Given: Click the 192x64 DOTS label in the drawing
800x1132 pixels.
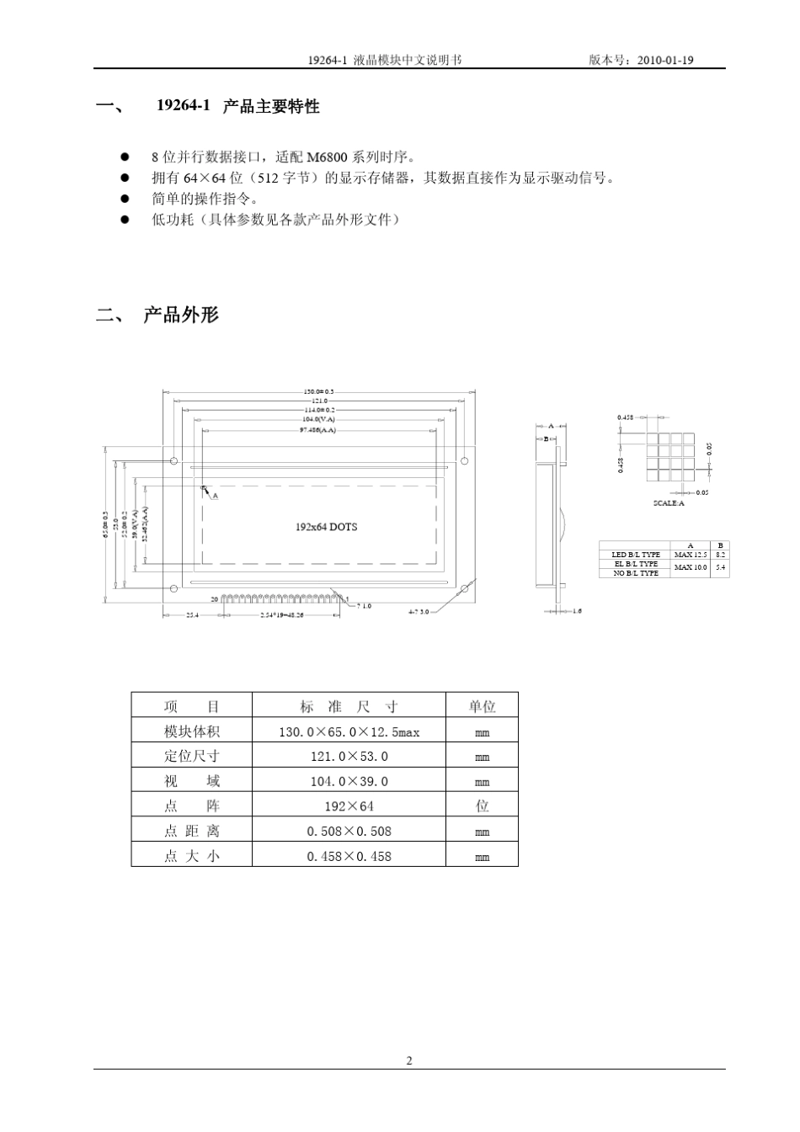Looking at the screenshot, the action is (326, 527).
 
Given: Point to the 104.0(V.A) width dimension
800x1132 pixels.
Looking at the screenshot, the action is (318, 418).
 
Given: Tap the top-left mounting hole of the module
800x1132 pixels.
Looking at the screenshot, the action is (174, 461).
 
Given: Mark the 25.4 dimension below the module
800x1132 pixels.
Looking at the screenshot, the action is (192, 615).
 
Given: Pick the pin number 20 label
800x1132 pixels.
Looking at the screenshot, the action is (214, 598).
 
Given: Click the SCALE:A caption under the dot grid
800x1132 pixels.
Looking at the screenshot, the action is (669, 503).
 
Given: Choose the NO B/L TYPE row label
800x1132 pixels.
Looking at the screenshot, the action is (636, 573).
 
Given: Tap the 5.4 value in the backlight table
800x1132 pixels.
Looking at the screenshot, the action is (720, 567).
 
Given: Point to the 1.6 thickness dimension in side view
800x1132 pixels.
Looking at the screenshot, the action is (576, 612).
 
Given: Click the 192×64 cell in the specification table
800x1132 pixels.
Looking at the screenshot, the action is (349, 806).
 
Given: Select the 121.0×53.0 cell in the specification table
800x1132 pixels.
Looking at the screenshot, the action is (349, 757).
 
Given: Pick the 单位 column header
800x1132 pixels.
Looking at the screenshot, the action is (482, 706).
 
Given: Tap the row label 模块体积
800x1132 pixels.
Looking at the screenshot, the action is (191, 731).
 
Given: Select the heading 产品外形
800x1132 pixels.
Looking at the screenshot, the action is (181, 315).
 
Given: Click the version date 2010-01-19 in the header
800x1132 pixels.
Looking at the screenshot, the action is (665, 61).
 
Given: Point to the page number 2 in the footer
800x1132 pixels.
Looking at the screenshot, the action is (409, 1060).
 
